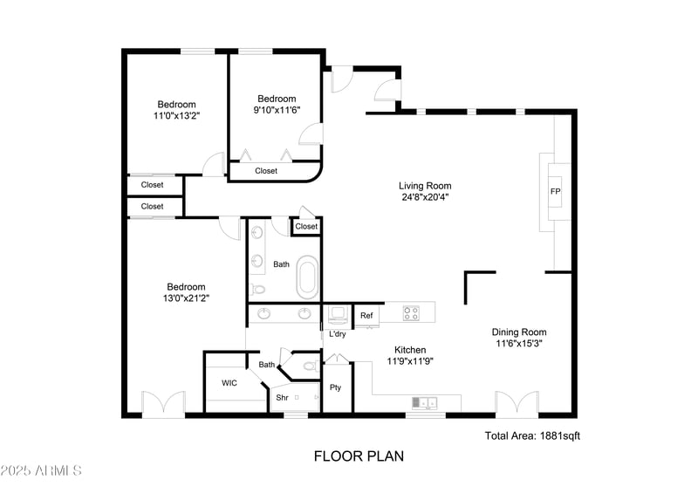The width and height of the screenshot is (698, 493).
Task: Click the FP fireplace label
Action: (554, 192)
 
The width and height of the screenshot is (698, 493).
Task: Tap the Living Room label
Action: (425, 186)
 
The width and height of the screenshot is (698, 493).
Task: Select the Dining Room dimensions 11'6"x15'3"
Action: (519, 344)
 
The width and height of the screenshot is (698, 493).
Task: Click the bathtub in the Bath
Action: (308, 277)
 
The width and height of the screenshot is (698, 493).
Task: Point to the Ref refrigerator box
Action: (366, 316)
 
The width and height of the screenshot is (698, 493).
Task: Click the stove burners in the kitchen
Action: (413, 312)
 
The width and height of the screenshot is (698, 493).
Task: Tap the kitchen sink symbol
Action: (425, 402)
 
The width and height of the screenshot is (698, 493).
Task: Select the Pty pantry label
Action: (335, 387)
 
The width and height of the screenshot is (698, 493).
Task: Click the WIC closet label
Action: (229, 383)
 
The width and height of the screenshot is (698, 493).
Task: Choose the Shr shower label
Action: (282, 398)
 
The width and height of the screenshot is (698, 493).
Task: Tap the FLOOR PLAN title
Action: (359, 455)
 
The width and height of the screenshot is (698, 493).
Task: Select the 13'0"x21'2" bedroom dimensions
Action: (187, 298)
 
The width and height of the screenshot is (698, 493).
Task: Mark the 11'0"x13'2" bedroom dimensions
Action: (176, 115)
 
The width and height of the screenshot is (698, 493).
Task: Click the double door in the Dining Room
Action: (517, 404)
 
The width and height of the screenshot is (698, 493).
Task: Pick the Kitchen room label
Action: (410, 349)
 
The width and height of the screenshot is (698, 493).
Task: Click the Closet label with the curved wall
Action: (266, 171)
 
